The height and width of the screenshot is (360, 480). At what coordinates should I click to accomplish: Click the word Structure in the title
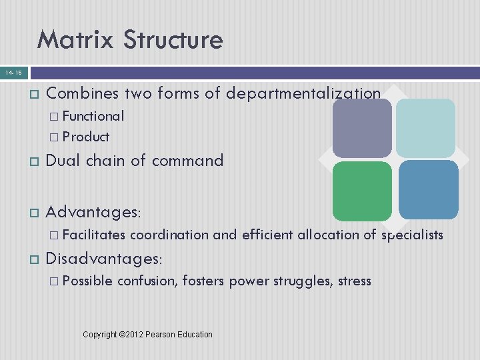[x=171, y=40]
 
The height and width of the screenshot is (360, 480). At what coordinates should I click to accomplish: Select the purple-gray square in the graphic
[x=362, y=128]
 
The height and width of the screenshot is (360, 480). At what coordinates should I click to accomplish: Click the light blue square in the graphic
[x=425, y=128]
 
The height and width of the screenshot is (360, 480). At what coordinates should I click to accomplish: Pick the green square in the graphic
[x=362, y=191]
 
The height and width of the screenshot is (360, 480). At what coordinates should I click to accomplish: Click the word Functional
[x=93, y=116]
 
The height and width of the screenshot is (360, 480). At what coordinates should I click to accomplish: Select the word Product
[x=86, y=137]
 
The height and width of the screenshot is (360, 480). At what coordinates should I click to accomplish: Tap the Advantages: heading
[x=93, y=211]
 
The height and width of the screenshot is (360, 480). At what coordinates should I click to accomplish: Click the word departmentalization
[x=303, y=94]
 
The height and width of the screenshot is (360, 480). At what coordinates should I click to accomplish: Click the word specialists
[x=412, y=234]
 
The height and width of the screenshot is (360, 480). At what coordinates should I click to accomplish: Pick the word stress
[x=355, y=281]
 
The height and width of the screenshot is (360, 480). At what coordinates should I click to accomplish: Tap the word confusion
[x=147, y=281]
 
